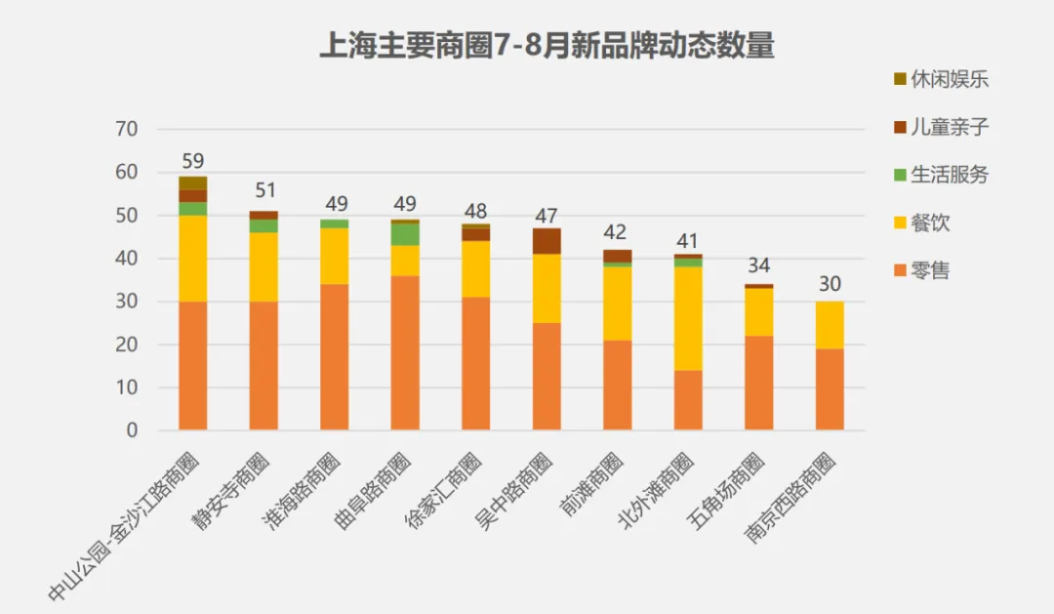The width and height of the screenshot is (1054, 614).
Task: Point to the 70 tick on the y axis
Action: [128, 129]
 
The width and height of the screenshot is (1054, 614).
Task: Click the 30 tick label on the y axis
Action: [128, 302]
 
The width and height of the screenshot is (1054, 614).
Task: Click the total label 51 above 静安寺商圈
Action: [263, 190]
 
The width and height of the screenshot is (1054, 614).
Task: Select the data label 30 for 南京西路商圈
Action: [830, 284]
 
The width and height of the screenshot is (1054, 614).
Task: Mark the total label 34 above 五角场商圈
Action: [758, 266]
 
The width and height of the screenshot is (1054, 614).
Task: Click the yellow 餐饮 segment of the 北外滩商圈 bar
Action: [688, 318]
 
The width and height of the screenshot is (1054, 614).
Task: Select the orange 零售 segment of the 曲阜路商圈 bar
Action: [405, 352]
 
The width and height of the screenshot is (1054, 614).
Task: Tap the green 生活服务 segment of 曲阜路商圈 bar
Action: [405, 234]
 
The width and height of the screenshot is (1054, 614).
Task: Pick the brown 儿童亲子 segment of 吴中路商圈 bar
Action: [547, 241]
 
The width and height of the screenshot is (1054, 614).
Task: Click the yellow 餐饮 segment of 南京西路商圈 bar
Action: [830, 324]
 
